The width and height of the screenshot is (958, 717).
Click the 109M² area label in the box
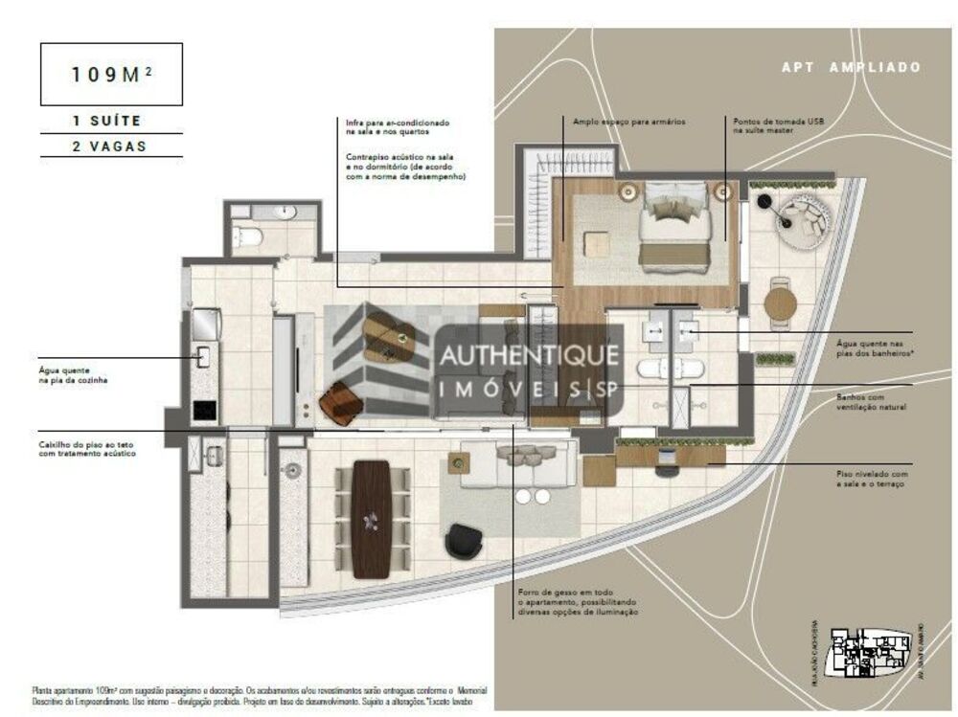pos(111,74)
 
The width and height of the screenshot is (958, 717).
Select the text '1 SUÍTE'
pos(106,122)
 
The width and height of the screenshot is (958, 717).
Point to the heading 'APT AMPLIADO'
pos(851,67)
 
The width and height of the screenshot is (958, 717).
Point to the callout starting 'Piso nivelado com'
pos(871,479)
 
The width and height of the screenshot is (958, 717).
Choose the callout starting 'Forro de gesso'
pos(576,602)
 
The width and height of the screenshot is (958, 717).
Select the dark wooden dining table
pos(372,518)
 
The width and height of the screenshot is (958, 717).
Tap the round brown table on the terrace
pos(780,305)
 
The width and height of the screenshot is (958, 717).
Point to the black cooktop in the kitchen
pos(203,410)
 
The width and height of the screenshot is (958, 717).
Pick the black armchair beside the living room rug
pos(465,541)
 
